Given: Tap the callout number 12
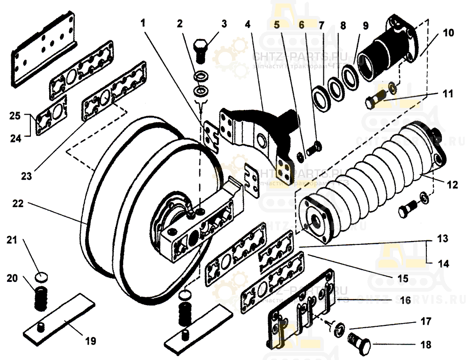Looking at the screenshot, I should coord(452,185).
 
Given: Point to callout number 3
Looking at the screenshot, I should coord(224,23).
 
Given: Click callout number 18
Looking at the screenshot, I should coord(425,345).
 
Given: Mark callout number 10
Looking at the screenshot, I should coord(448,33).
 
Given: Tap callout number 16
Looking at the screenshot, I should coord(405,299).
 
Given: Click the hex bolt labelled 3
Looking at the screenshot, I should coord(202,52).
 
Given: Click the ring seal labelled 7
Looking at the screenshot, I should coord(321,96).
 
